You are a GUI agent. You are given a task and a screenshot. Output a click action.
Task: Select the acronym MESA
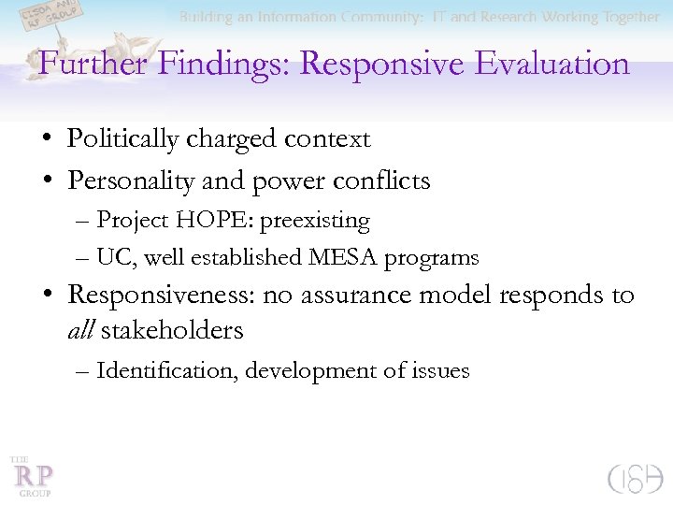pos(344,257)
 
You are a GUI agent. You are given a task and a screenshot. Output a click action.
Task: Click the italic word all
pos(81,330)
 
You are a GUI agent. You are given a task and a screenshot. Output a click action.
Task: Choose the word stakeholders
pos(173,330)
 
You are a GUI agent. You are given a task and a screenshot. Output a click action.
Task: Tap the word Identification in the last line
pos(167,371)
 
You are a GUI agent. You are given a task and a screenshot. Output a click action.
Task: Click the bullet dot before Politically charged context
pos(46,140)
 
